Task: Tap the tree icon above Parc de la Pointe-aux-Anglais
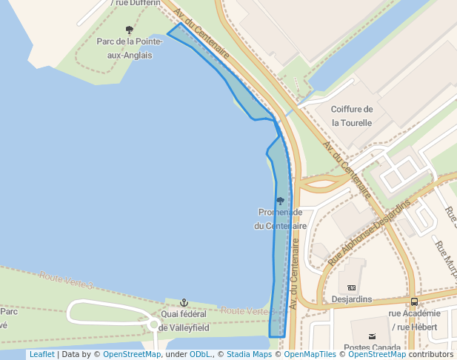pos(130,30)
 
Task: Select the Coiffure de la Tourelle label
pos(352,116)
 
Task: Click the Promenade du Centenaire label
pos(280,219)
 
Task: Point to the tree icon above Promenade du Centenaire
pos(280,201)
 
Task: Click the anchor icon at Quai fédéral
pos(184,302)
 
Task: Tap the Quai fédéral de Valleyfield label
pos(184,321)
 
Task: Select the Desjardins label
pos(352,299)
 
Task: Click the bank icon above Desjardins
pos(352,287)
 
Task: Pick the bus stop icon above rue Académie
pos(414,301)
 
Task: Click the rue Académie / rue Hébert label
pos(414,320)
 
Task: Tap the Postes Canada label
pos(372,347)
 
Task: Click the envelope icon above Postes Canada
pos(393,336)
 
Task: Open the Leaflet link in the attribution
pos(41,354)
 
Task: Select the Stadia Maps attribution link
pos(249,354)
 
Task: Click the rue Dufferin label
pos(135,3)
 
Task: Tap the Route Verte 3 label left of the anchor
pos(67,280)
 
